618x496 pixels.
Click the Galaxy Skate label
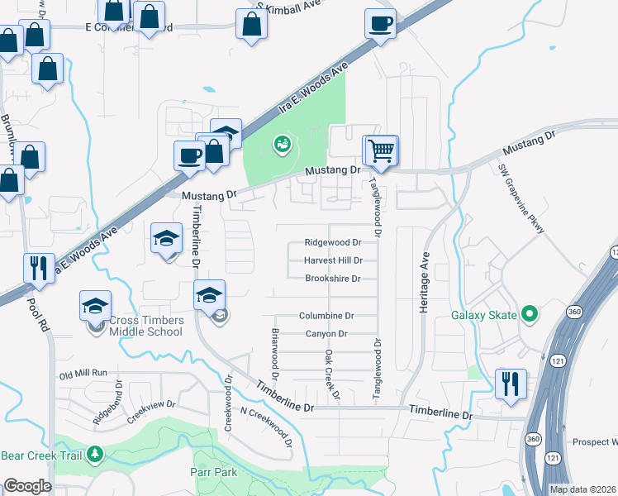(483, 315)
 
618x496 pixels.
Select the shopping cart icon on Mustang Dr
(382, 151)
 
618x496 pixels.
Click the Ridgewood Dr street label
(333, 243)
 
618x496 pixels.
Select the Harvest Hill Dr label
(333, 260)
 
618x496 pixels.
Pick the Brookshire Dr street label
(332, 279)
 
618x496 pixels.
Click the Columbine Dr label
(326, 316)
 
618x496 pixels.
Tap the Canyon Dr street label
(326, 334)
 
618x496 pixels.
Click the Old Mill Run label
(83, 374)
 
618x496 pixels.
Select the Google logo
(27, 486)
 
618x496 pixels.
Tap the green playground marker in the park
(282, 145)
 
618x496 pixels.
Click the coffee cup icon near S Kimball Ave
(380, 24)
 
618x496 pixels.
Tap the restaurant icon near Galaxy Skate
(509, 384)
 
